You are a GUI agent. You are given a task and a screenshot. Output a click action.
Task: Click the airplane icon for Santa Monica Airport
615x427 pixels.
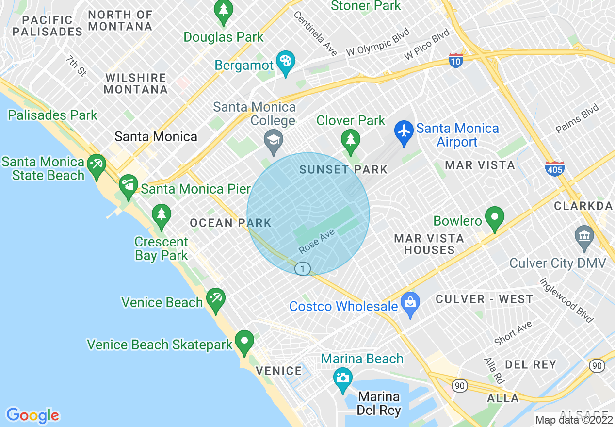click(404, 131)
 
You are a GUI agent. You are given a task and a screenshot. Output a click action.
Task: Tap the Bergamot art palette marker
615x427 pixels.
click(285, 62)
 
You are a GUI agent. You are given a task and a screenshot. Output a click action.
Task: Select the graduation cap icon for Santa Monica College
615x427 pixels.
click(274, 141)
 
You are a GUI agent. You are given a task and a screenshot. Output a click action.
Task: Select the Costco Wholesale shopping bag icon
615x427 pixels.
click(410, 303)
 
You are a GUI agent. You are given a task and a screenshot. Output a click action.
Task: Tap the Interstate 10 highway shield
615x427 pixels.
click(455, 60)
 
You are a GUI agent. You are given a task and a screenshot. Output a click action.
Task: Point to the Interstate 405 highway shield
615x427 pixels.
click(554, 169)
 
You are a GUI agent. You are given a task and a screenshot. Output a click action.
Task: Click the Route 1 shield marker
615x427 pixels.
click(303, 268)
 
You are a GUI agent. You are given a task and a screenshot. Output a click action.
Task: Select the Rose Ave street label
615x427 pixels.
click(317, 241)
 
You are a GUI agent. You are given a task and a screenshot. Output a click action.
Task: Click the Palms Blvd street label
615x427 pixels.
click(577, 119)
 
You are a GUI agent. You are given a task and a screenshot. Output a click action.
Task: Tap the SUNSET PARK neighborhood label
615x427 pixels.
click(343, 169)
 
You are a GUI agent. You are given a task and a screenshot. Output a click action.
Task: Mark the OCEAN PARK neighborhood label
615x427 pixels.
click(230, 223)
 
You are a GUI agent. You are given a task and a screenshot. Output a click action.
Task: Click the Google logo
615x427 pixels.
click(32, 416)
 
